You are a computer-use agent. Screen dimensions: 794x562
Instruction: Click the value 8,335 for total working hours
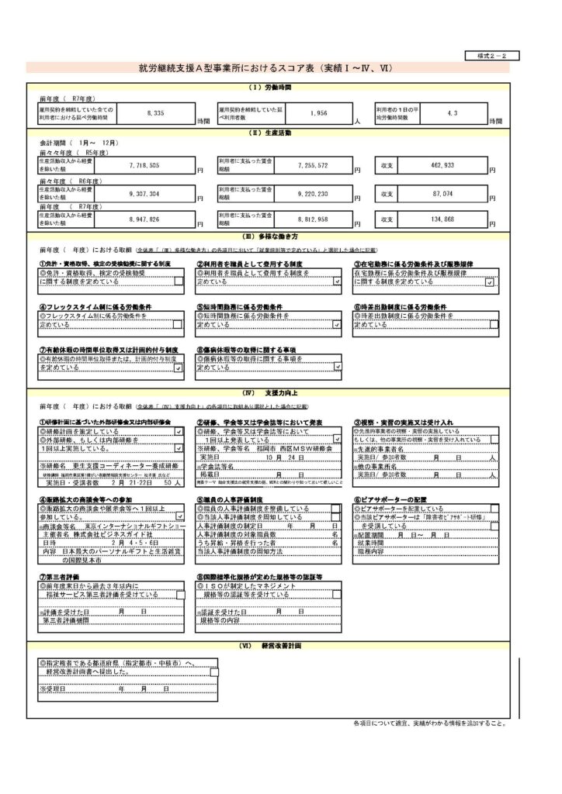[154, 113]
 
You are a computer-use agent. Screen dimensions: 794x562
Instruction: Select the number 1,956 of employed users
[318, 113]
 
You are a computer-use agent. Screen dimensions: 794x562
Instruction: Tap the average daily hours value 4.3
[452, 113]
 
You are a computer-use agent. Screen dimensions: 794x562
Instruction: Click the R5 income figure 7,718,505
[144, 166]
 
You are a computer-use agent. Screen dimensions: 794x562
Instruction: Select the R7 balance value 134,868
[442, 219]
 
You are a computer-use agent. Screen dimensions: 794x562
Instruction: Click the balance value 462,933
[442, 166]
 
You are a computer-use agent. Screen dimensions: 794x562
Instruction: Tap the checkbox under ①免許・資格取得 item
[178, 281]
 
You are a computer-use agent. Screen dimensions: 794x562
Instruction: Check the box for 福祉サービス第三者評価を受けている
[180, 595]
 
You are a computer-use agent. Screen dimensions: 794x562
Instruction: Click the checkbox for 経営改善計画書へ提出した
[213, 672]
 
